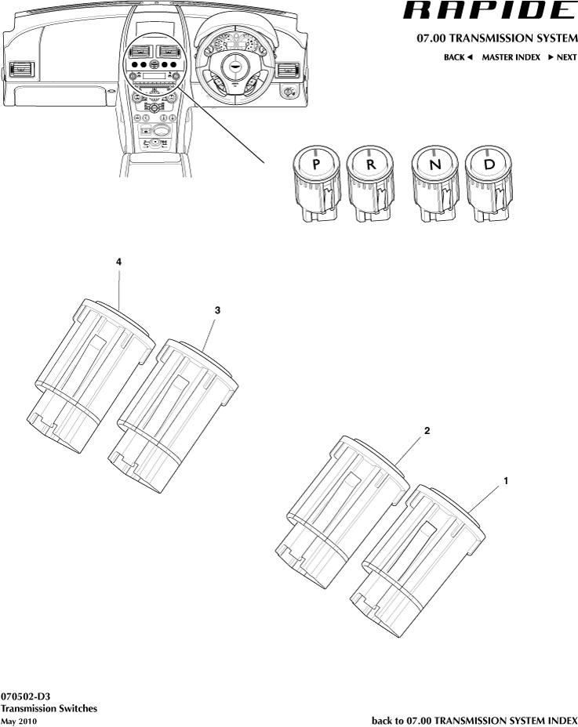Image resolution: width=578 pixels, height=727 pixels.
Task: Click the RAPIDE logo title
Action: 489,11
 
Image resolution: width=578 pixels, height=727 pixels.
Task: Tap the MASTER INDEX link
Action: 511,58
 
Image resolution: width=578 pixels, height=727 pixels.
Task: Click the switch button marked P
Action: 315,167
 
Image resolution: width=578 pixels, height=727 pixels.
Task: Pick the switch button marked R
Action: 369,167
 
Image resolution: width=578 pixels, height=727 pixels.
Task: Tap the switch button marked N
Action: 434,167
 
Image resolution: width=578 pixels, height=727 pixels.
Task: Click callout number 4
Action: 118,264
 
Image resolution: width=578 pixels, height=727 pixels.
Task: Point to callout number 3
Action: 217,310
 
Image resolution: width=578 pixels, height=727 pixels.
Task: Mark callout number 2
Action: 427,431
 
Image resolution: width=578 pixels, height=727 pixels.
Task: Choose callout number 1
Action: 507,480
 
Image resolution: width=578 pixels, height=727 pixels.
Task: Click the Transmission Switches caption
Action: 49,708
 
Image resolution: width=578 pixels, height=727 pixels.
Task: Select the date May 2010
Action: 19,721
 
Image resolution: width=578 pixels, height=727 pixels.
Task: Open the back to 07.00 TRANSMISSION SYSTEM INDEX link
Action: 474,720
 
